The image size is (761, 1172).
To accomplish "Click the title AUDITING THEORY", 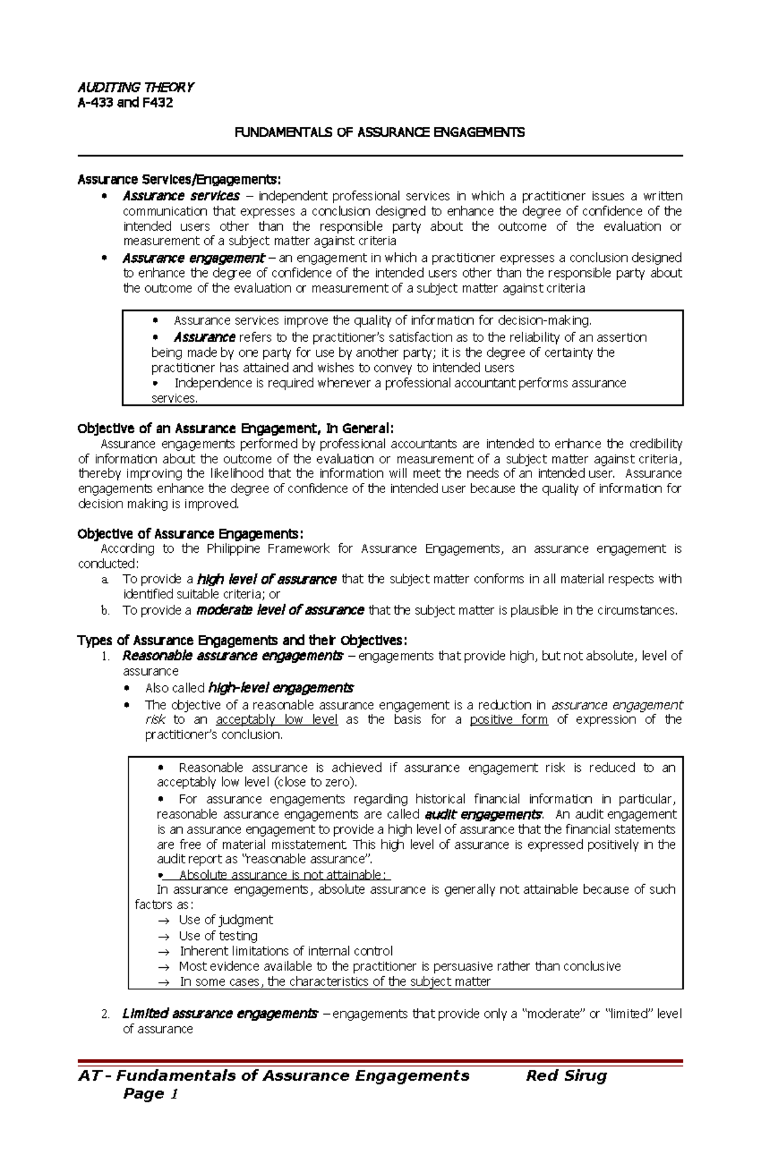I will click(135, 87).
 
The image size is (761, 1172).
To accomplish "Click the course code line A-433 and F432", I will click(125, 103).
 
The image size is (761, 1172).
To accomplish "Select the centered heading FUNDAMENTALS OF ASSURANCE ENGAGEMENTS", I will click(379, 132).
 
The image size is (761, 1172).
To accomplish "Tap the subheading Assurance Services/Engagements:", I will click(178, 180).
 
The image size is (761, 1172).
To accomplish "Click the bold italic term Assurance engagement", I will click(193, 258).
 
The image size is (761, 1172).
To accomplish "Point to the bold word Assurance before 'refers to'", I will click(204, 337).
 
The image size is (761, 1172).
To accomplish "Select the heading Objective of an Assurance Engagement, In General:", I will click(235, 428).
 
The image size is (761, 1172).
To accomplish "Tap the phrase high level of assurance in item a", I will click(266, 579).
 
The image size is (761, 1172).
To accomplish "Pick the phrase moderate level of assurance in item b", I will click(280, 610).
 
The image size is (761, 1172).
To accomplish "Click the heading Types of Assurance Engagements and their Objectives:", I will click(242, 640).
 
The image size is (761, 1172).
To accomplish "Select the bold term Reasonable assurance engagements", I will click(232, 655).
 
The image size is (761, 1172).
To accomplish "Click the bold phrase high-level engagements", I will click(280, 688).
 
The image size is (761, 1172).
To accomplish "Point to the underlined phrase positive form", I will click(509, 719).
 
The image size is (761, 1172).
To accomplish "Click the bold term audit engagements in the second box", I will click(483, 814).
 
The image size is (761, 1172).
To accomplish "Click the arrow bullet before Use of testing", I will click(164, 936).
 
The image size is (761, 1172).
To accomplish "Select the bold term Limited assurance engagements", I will click(219, 1014).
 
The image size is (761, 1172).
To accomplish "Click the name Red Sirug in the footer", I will click(566, 1076).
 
